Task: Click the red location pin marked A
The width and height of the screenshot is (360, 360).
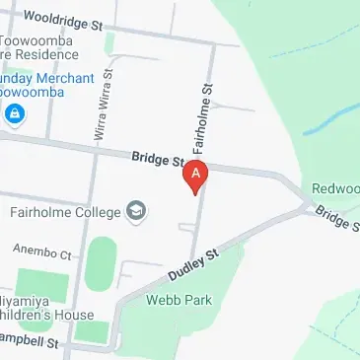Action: [196, 177]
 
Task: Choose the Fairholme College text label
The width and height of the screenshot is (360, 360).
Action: [65, 212]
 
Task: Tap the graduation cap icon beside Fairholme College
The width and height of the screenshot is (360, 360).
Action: [135, 212]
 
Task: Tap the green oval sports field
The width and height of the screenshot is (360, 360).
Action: [101, 263]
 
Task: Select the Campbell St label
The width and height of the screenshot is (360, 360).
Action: [30, 343]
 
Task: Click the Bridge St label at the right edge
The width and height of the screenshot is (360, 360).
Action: [337, 220]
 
